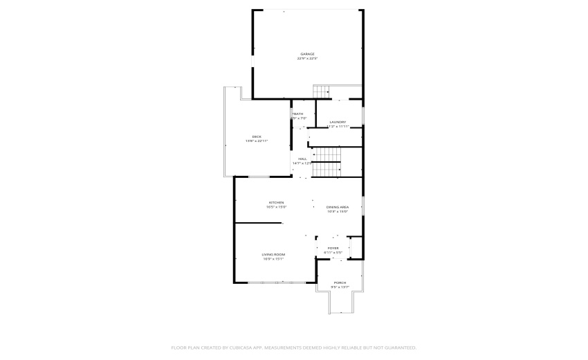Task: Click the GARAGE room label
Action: click(307, 54)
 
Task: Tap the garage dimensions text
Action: click(307, 59)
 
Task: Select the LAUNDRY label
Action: click(338, 123)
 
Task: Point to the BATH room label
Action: click(298, 114)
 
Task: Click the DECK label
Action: click(257, 136)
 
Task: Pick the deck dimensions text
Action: click(257, 141)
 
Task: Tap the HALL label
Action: click(302, 159)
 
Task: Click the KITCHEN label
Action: click(277, 203)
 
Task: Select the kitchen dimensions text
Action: click(277, 207)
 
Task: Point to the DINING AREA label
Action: click(338, 207)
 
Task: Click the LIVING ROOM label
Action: click(273, 255)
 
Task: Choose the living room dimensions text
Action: click(273, 260)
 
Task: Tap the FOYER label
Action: click(333, 248)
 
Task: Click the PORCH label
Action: click(340, 282)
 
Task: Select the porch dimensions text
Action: click(340, 287)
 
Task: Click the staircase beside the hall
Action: click(327, 162)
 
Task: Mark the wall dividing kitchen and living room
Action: click(259, 223)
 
